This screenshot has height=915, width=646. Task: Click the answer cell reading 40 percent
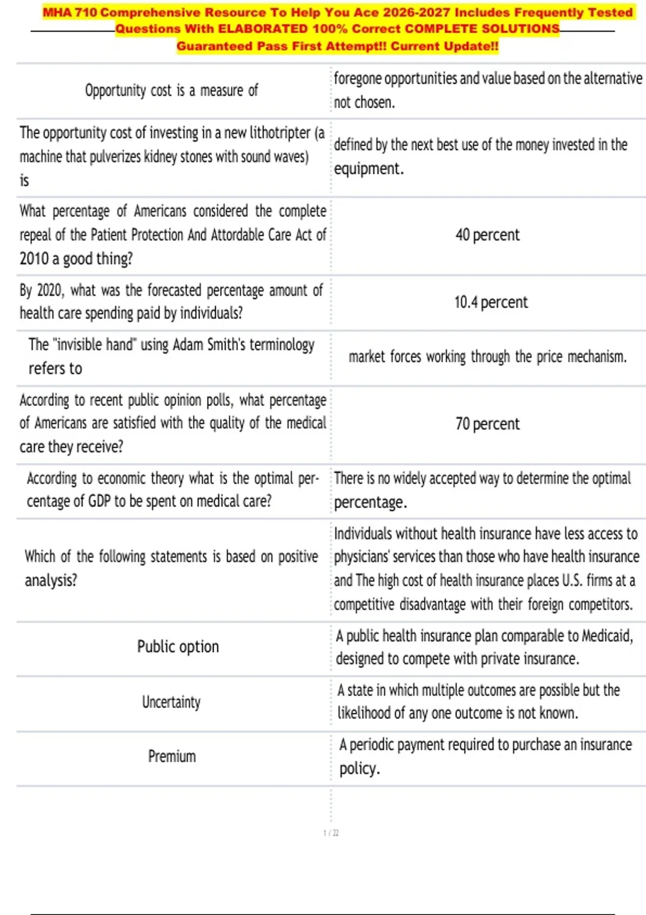tap(487, 235)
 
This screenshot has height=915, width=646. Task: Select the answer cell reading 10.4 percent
tap(490, 302)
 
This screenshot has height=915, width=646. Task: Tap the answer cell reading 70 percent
tap(487, 424)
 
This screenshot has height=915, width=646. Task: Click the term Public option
tap(178, 646)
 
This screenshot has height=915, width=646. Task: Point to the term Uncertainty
tap(171, 702)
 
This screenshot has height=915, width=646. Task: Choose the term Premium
tap(172, 757)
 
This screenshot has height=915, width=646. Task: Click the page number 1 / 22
tap(331, 833)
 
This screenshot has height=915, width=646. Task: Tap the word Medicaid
tap(606, 636)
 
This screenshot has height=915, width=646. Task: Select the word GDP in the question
tap(99, 502)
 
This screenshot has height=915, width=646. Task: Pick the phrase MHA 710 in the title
tap(69, 12)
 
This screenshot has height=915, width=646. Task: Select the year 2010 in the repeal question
tap(34, 259)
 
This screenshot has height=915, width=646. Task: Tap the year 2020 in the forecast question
tap(49, 291)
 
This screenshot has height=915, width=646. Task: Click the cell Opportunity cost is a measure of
tap(172, 90)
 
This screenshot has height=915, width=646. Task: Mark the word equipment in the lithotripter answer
tap(368, 169)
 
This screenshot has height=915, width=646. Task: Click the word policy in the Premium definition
tap(359, 769)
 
